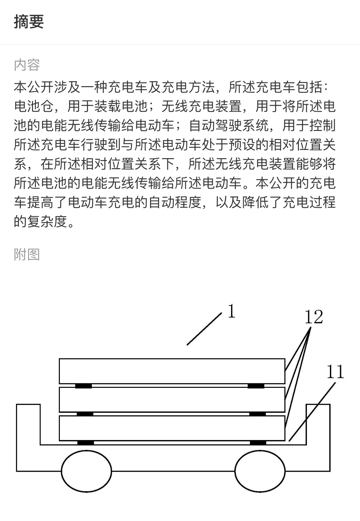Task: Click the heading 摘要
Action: [29, 22]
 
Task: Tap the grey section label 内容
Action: [27, 65]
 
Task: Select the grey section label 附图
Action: [27, 255]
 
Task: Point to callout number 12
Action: [314, 317]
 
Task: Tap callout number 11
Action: [335, 371]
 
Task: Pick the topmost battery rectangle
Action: [172, 371]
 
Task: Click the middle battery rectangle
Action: [172, 400]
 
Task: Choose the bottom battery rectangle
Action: [172, 428]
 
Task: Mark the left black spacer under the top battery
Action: [84, 386]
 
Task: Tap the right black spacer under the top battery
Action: [256, 386]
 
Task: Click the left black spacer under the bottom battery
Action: [85, 443]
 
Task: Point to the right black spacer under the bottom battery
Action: [258, 443]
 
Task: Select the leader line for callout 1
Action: [204, 329]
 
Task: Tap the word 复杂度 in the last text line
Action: [47, 221]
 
